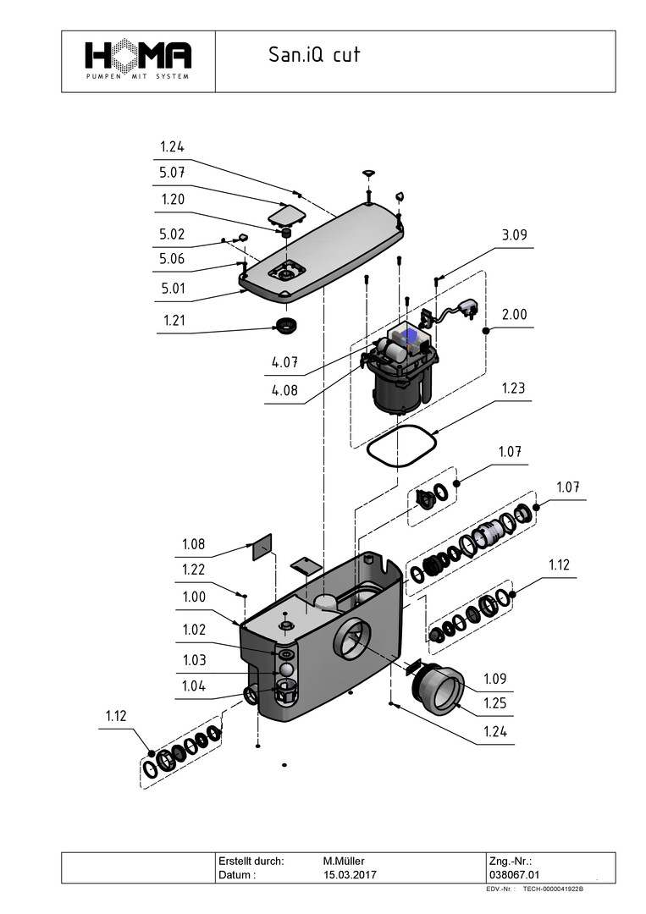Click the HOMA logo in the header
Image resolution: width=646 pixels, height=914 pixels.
138,59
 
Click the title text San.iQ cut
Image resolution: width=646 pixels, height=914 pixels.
314,55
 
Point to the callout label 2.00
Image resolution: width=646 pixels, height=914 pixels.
513,314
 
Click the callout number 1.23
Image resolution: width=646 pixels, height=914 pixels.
512,388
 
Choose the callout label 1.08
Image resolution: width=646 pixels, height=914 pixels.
194,543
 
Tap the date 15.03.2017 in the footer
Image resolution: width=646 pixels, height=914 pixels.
350,874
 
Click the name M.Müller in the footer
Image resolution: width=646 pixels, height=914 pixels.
344,861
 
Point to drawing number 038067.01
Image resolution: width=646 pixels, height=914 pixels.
514,874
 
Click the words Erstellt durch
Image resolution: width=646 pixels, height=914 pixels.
251,861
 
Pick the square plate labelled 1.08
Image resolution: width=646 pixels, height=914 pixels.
262,546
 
